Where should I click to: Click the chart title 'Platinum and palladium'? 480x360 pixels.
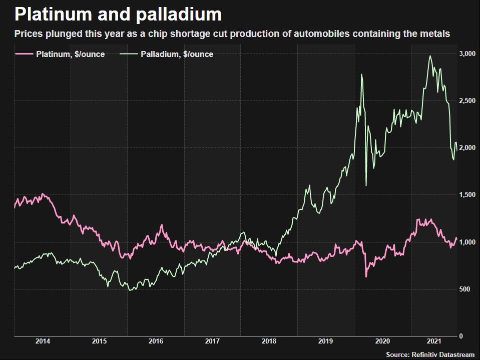(118, 14)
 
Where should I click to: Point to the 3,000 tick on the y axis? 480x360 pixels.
(466, 53)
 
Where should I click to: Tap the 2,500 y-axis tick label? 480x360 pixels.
(466, 101)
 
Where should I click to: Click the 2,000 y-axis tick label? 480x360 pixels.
(466, 148)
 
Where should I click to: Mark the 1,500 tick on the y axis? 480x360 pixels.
(466, 195)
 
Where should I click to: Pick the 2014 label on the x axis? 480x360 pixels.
(43, 341)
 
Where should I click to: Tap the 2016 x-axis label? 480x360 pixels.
(156, 341)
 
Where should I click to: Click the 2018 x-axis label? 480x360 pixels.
(269, 341)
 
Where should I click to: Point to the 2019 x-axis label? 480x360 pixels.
(326, 341)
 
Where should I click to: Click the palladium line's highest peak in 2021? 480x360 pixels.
(430, 56)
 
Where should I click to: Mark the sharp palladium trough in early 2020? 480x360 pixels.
(366, 185)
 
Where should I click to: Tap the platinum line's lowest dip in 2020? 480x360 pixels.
(366, 276)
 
